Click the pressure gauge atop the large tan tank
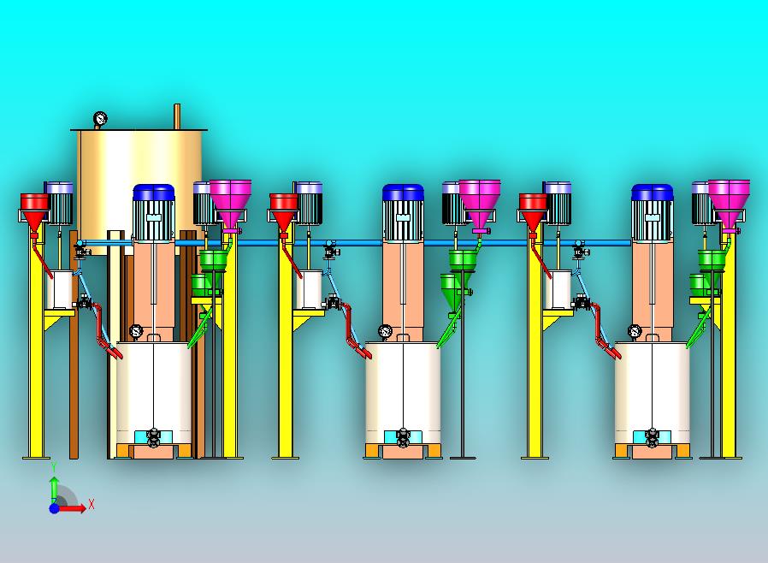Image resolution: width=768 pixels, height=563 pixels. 100,119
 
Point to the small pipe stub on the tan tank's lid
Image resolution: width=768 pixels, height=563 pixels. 177,116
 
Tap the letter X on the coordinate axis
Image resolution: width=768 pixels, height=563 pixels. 92,503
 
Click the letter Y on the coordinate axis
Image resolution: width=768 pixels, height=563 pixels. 55,466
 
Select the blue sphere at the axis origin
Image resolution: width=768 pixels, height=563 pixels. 55,508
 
